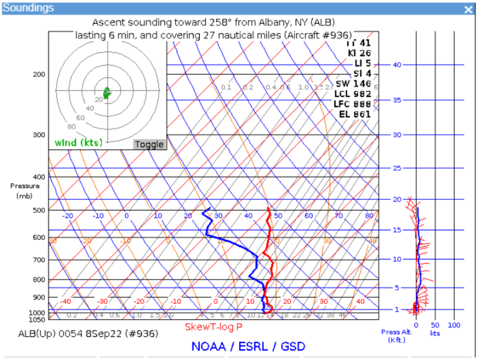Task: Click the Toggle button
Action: tap(149, 144)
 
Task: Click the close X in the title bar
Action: tap(468, 9)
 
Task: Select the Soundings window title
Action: tap(28, 8)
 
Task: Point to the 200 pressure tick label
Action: tap(39, 75)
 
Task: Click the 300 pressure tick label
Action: tap(39, 135)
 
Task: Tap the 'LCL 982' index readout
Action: tap(352, 94)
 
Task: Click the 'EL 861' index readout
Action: tap(355, 114)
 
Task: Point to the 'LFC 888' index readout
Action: tap(352, 104)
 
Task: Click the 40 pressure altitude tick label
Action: tap(396, 65)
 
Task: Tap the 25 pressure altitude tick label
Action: tap(396, 168)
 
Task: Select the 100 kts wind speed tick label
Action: tap(454, 326)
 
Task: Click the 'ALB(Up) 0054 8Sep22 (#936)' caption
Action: tap(89, 334)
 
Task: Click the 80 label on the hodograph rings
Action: tap(72, 126)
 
